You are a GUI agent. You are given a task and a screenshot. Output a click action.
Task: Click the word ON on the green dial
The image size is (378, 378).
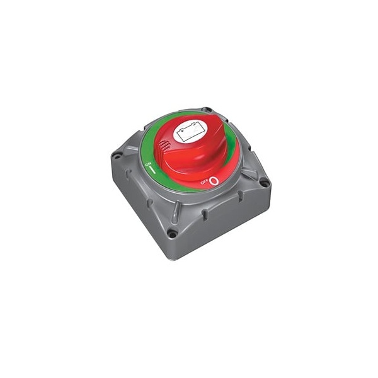click(x=148, y=165)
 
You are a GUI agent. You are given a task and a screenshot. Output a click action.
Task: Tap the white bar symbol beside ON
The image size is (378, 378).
click(x=152, y=169)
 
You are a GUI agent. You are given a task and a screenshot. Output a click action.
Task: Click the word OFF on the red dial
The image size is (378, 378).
click(x=204, y=183)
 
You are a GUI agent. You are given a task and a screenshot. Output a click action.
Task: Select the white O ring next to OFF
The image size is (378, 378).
click(x=214, y=181)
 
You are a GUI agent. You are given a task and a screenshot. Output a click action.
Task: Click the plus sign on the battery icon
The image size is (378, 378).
click(x=182, y=132)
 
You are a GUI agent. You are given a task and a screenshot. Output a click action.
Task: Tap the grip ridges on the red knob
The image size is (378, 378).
click(x=163, y=146)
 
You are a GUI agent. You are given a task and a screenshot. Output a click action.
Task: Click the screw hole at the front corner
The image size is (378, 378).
click(x=171, y=233)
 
